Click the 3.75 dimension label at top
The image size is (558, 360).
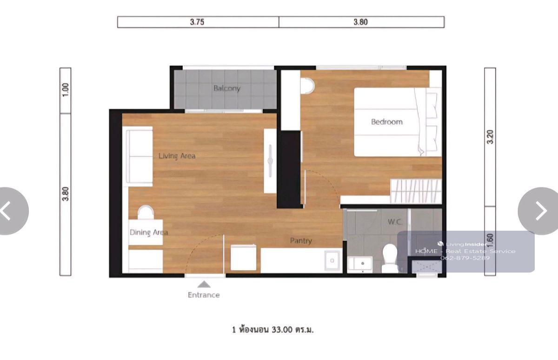(x=197, y=22)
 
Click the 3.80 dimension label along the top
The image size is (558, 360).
(x=361, y=22)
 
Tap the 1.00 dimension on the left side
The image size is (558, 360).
(x=65, y=90)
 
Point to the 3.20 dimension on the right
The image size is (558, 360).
(x=490, y=137)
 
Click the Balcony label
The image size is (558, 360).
(x=227, y=88)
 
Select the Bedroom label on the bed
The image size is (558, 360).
(x=387, y=122)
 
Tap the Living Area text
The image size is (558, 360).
(x=177, y=156)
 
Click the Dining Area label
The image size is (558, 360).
(x=149, y=233)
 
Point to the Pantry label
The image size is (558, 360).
(x=301, y=241)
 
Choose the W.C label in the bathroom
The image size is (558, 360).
(x=395, y=221)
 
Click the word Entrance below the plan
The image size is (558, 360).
(x=204, y=295)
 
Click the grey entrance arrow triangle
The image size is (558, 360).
(x=204, y=284)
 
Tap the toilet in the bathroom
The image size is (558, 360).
(x=390, y=258)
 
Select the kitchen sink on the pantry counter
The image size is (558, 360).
(x=332, y=260)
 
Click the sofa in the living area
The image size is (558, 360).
(x=139, y=156)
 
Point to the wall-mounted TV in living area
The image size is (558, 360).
(x=270, y=161)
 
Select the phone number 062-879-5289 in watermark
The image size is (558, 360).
(x=465, y=258)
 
